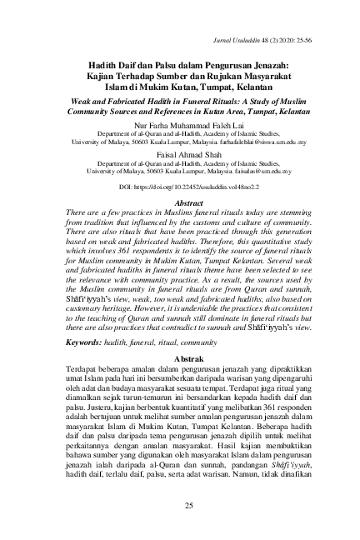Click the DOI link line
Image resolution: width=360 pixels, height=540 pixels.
(x=181, y=187)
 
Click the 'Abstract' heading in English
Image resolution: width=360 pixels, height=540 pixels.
(x=181, y=202)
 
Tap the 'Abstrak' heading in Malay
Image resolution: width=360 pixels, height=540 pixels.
(x=181, y=356)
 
